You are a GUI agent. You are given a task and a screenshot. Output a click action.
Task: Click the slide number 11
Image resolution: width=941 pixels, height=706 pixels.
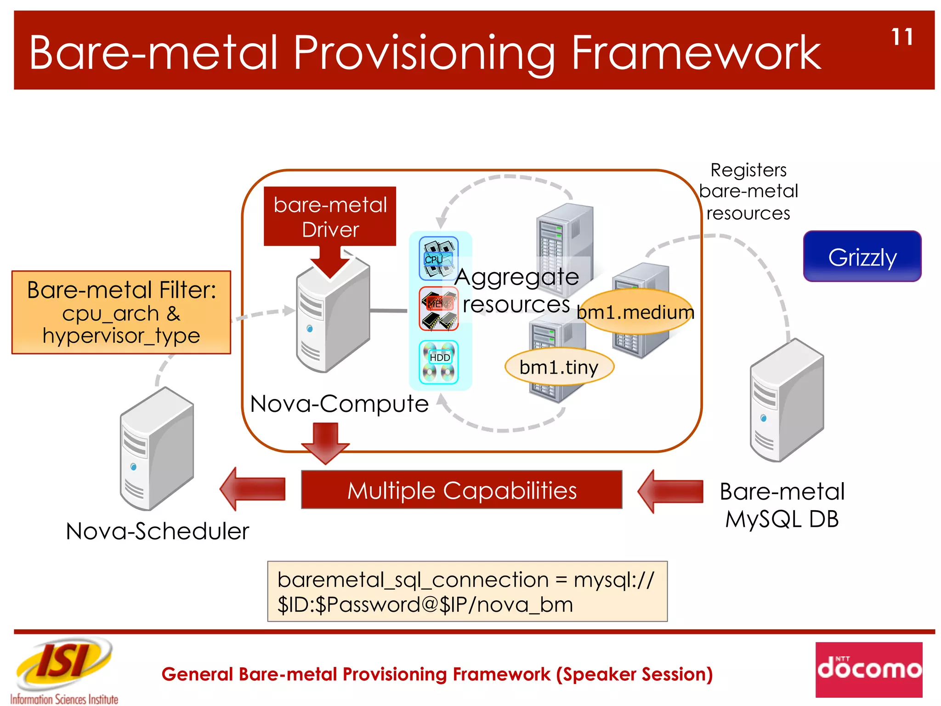click(x=902, y=37)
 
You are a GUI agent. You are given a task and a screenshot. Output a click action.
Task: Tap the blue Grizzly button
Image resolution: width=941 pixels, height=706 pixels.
click(x=862, y=256)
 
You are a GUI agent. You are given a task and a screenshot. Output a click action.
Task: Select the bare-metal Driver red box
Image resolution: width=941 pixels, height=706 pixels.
click(x=330, y=216)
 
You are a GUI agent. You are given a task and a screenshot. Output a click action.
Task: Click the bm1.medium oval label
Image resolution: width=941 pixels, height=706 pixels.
click(x=636, y=312)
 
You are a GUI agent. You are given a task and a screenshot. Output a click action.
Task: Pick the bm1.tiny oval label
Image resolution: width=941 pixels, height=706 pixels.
click(x=559, y=367)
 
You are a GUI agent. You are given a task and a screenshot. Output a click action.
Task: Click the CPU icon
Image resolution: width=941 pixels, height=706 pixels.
click(x=438, y=259)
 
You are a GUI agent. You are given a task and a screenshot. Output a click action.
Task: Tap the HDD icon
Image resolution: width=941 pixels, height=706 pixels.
click(x=438, y=362)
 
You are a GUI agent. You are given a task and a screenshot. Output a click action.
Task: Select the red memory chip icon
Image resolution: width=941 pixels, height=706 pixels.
click(x=438, y=308)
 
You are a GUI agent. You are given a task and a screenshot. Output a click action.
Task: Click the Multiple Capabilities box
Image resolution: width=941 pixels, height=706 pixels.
click(x=461, y=490)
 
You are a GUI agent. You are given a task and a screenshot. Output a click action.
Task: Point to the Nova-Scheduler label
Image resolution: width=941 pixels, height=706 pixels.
click(x=157, y=531)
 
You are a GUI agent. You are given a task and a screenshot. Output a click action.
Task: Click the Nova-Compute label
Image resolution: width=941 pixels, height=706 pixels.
click(x=339, y=404)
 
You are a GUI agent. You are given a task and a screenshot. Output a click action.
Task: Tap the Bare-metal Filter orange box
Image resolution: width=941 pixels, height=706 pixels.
click(x=121, y=313)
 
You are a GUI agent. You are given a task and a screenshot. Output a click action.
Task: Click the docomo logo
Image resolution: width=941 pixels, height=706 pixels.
click(x=869, y=669)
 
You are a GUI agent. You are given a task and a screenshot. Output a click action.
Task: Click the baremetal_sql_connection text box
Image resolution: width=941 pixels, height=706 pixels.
click(x=467, y=592)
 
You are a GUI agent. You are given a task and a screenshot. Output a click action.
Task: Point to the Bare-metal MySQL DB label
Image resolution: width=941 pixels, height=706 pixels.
click(x=782, y=505)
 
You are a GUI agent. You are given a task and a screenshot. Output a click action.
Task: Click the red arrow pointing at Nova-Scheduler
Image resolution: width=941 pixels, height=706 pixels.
click(x=254, y=489)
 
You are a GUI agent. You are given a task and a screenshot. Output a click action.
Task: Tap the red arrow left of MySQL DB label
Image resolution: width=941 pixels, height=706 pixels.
click(x=671, y=491)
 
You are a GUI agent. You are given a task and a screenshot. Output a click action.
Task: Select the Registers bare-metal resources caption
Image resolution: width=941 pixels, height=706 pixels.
click(x=748, y=192)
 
